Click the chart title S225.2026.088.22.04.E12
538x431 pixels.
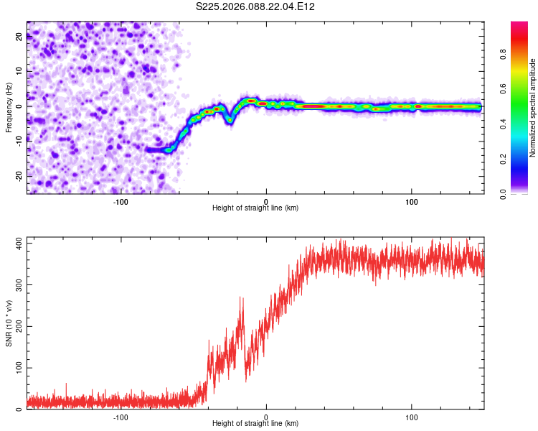[x=256, y=6]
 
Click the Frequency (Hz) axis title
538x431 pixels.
[x=9, y=106]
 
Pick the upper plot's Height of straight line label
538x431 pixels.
[x=255, y=208]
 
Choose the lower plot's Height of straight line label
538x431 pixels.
[x=255, y=423]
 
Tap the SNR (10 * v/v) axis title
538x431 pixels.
[x=9, y=323]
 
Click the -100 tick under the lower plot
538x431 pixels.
[x=121, y=417]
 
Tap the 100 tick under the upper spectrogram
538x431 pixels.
[x=412, y=201]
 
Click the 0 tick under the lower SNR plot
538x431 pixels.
[x=266, y=417]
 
